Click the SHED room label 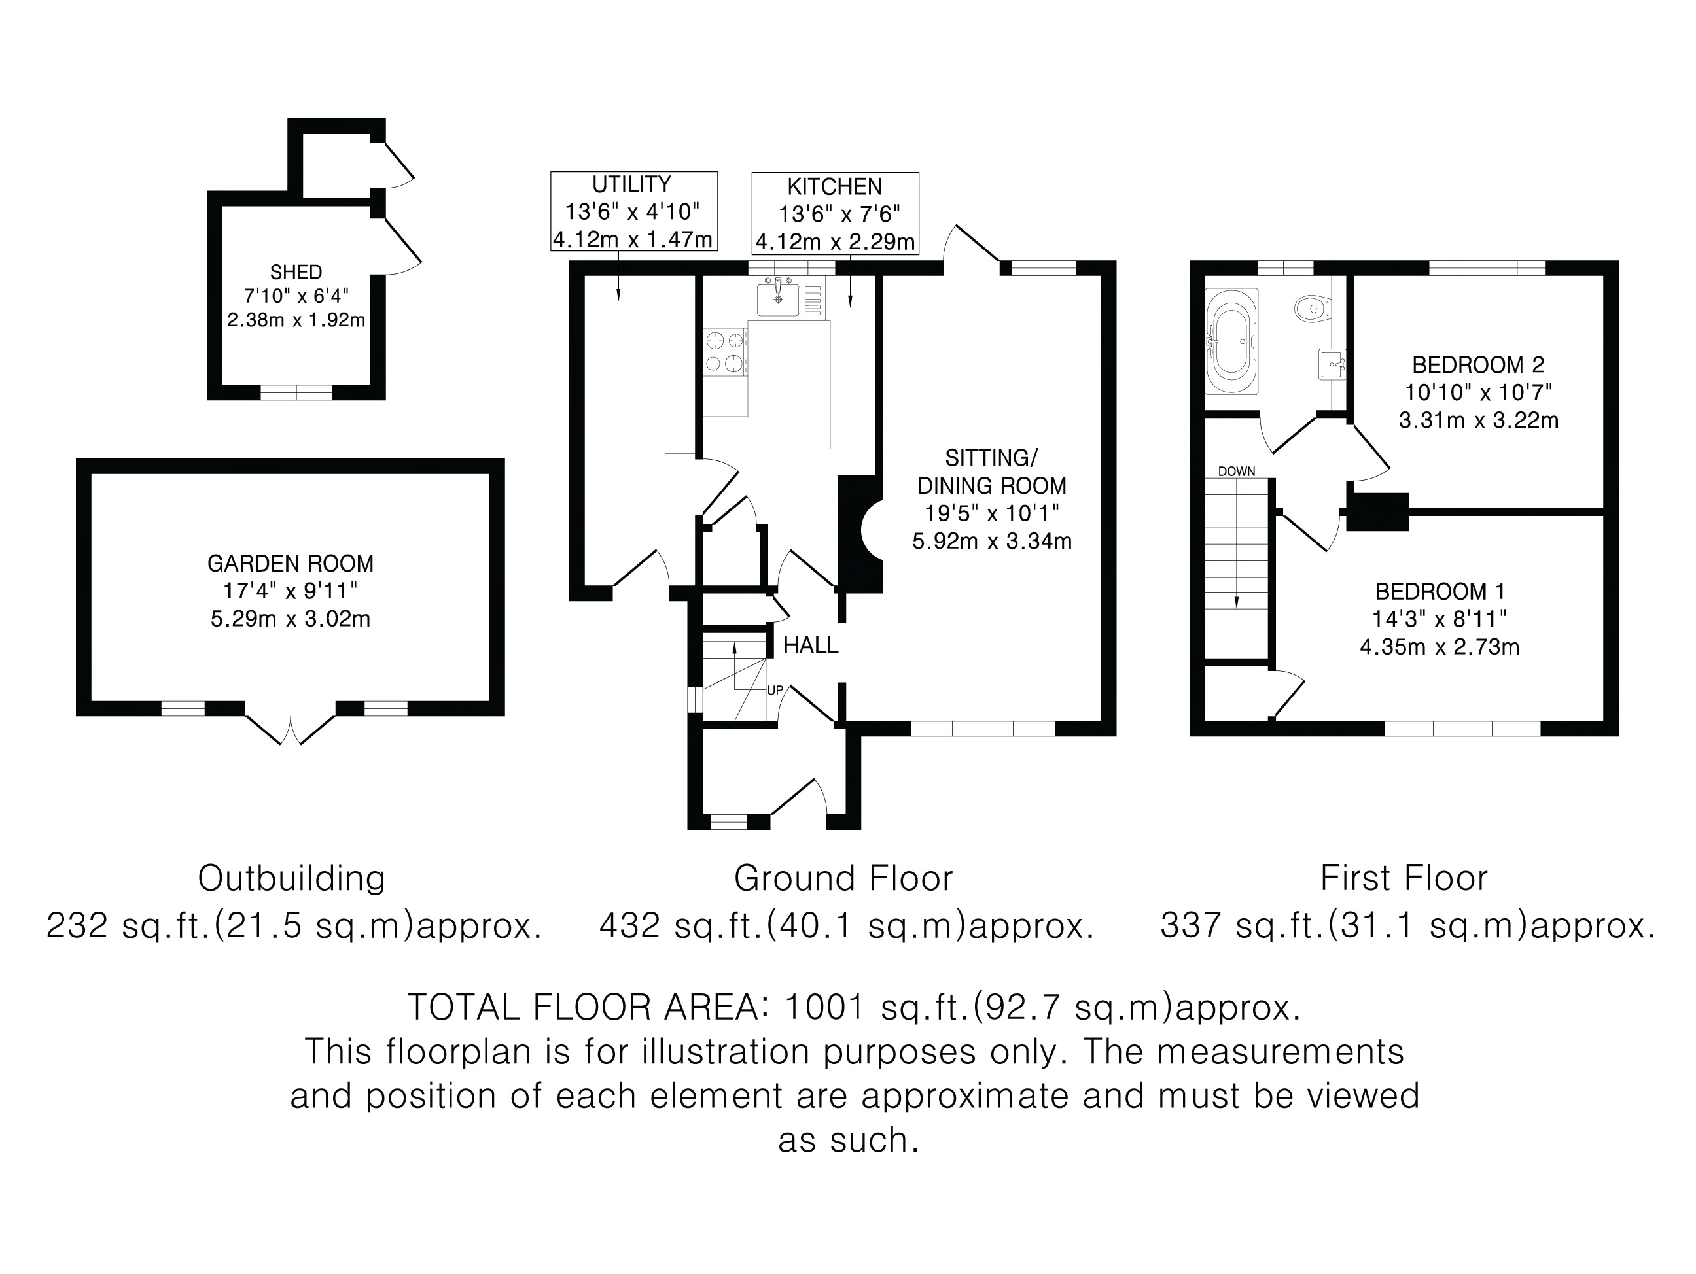(296, 272)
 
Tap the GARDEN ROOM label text (290, 563)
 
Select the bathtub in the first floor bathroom (1231, 341)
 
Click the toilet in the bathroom (1312, 309)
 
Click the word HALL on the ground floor (811, 646)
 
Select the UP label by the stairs (775, 690)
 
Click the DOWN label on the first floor (1237, 472)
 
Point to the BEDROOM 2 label (1478, 365)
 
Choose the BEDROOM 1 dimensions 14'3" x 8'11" (1439, 619)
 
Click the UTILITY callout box (633, 211)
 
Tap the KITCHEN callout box (835, 213)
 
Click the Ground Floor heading (843, 878)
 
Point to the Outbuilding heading (291, 878)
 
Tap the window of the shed (296, 392)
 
